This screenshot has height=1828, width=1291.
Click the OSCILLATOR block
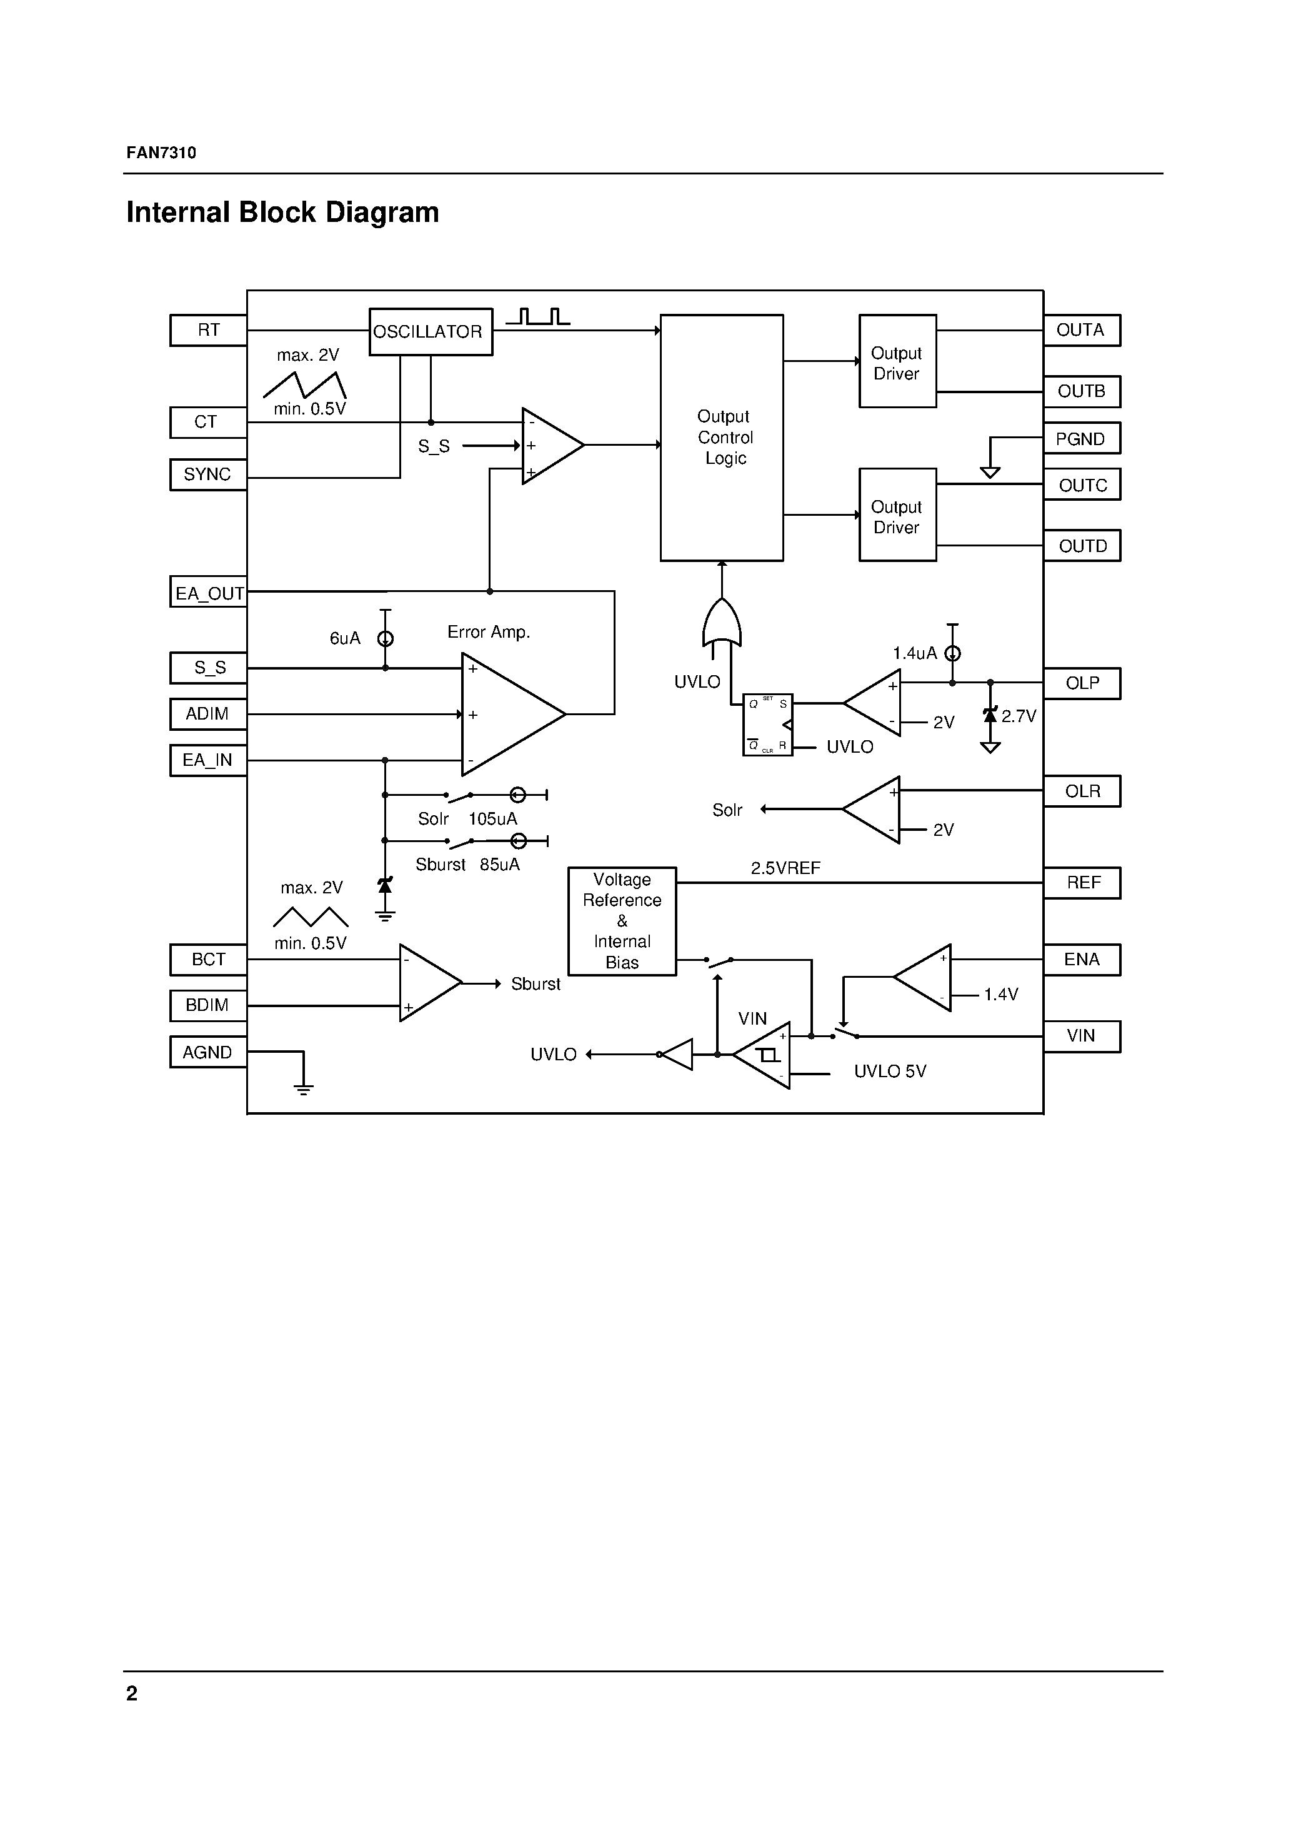431,331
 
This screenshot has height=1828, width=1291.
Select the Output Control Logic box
722,437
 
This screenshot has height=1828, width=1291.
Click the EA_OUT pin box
209,592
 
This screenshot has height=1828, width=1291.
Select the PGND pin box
1081,439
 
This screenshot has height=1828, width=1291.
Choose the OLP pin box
1081,683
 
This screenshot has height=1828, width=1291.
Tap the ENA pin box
1081,960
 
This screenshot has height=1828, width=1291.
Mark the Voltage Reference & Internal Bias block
622,921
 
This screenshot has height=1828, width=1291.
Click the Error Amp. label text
488,632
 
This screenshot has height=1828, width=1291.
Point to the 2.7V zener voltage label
1019,716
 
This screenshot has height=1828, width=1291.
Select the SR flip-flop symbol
767,725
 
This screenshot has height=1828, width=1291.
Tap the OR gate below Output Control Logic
722,623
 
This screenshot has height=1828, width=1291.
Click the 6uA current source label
345,638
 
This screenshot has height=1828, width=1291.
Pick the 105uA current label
492,819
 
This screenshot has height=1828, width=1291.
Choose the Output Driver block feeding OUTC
897,515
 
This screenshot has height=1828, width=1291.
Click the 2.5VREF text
785,868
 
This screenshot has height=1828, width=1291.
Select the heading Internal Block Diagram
282,213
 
